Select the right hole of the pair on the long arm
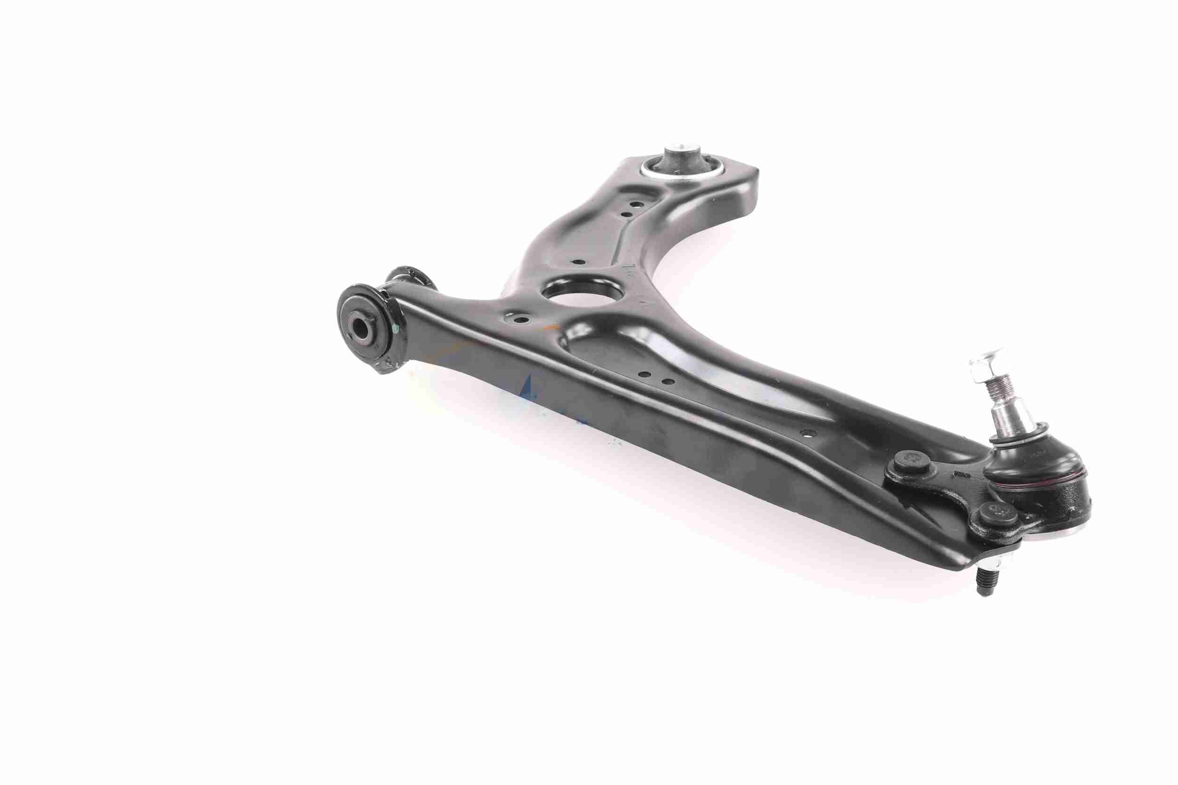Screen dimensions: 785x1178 point(665,382)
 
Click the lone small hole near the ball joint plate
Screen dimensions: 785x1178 point(805,432)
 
